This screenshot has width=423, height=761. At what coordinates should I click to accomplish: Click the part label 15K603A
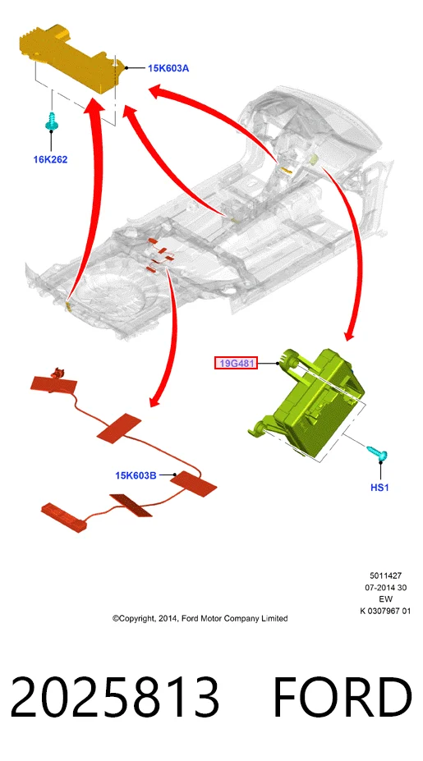pos(168,68)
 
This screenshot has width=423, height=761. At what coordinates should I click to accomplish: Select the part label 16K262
pos(50,159)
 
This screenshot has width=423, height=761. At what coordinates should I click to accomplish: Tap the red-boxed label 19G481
pos(236,363)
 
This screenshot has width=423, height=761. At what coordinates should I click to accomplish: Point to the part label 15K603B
pos(136,475)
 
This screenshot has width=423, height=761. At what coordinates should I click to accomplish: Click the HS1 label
pos(379,488)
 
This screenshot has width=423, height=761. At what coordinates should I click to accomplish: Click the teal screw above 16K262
pos(51,121)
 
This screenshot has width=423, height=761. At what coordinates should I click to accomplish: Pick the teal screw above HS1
pos(377,453)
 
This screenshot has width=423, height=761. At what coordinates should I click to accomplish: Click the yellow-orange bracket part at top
pos(71,57)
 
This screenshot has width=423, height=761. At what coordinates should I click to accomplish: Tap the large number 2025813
pos(114,697)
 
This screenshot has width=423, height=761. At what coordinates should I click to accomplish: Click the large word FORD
pos(343,697)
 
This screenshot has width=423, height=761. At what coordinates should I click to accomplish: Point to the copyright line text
pos(200,618)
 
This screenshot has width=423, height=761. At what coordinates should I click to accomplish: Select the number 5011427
pos(385,576)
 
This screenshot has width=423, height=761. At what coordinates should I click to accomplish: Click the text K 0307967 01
pos(385,611)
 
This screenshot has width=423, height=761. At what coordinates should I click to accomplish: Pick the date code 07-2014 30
pos(385,588)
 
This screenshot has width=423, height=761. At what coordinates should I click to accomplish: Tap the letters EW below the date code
pos(385,599)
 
